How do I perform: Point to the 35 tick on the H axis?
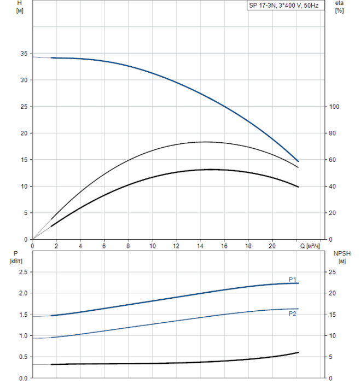click(x=23, y=54)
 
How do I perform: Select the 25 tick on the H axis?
click(x=23, y=107)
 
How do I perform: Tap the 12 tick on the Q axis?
click(x=176, y=246)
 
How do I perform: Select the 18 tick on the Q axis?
click(x=248, y=246)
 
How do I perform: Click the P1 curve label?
click(x=293, y=279)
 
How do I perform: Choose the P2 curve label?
click(x=293, y=314)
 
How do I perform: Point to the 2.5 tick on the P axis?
click(x=22, y=272)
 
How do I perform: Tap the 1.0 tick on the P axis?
click(x=22, y=335)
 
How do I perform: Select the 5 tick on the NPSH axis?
click(x=330, y=357)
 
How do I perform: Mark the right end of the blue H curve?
click(x=298, y=161)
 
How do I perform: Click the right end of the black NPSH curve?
click(x=298, y=352)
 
